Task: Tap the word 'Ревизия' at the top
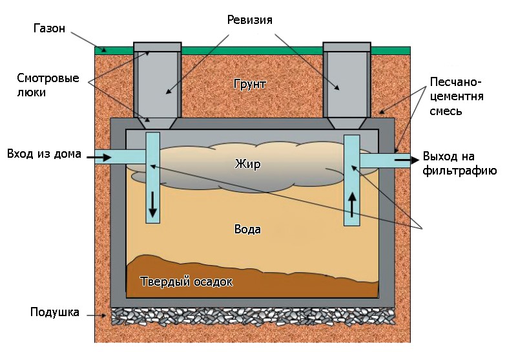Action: [x=249, y=20]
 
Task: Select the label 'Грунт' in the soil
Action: [x=251, y=84]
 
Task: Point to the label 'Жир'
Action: [x=247, y=164]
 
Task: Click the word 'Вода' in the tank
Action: [x=247, y=229]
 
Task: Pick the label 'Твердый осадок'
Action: [x=186, y=282]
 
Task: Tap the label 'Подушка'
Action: [x=55, y=313]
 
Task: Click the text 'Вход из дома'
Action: [x=44, y=154]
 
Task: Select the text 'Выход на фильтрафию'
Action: [x=459, y=164]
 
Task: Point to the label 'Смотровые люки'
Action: [x=48, y=85]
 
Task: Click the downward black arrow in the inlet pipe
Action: [x=153, y=205]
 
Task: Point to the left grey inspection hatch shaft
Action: [x=157, y=81]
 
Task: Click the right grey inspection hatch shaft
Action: [x=347, y=81]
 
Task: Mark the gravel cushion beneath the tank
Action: [x=252, y=316]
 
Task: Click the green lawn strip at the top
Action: [x=252, y=50]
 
